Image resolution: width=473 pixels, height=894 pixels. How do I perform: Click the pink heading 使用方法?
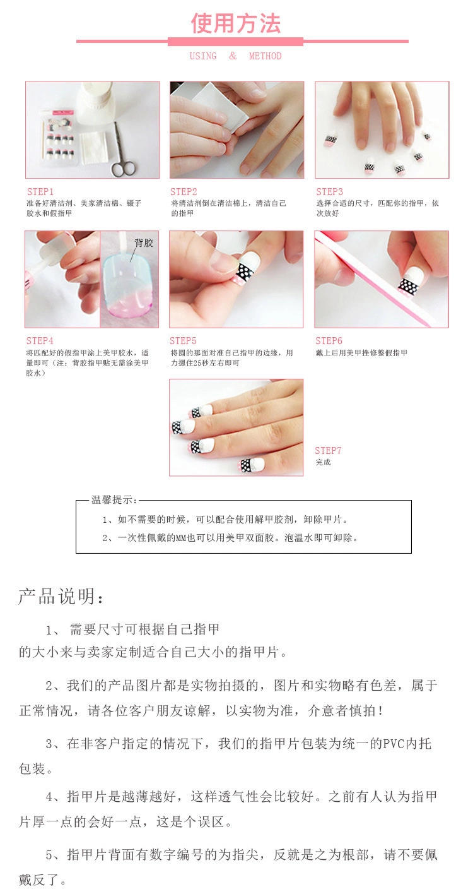pyautogui.click(x=236, y=23)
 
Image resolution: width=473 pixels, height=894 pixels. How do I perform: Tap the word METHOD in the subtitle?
pyautogui.click(x=266, y=56)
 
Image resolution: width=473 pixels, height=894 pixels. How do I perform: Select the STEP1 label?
pyautogui.click(x=40, y=191)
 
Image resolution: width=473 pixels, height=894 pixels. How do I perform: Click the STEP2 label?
pyautogui.click(x=184, y=191)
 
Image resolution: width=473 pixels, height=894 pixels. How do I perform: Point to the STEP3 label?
pyautogui.click(x=329, y=191)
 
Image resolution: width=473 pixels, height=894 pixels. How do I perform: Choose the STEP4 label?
pyautogui.click(x=40, y=341)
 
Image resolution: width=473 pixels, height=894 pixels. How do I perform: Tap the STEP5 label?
pyautogui.click(x=183, y=341)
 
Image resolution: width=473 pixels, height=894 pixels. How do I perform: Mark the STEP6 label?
pyautogui.click(x=329, y=341)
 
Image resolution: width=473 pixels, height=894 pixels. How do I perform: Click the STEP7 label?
pyautogui.click(x=328, y=451)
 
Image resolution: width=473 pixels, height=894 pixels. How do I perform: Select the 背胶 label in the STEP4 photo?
pyautogui.click(x=144, y=242)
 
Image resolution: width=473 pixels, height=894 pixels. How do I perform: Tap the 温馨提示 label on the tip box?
pyautogui.click(x=114, y=499)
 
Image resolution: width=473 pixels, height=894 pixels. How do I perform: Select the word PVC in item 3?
pyautogui.click(x=394, y=744)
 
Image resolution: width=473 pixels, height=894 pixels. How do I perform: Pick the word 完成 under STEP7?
pyautogui.click(x=324, y=462)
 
